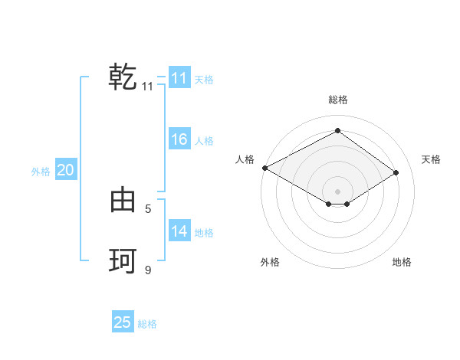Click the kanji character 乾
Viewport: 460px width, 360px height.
(123, 78)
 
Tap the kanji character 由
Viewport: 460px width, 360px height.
(123, 201)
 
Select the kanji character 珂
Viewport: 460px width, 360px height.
(123, 261)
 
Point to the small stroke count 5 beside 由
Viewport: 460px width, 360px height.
(148, 208)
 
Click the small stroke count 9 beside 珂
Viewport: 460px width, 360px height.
(148, 270)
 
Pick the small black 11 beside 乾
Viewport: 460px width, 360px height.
(148, 87)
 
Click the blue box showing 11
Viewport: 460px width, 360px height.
(179, 78)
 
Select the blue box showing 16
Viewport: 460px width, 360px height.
(179, 139)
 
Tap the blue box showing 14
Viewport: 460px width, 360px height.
(179, 231)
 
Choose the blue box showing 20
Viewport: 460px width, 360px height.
(65, 170)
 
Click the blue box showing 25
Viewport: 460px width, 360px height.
(123, 322)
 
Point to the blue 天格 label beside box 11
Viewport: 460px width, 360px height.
(204, 79)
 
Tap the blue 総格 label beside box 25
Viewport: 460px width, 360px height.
(147, 324)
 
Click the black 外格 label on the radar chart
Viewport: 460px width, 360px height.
(270, 262)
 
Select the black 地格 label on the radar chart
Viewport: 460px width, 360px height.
(402, 262)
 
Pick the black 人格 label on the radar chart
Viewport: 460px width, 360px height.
(245, 159)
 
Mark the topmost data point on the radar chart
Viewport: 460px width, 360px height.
(337, 131)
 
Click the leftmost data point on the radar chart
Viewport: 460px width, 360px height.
(264, 168)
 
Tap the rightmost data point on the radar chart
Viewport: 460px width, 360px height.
(396, 172)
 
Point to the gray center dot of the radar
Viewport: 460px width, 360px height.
(337, 190)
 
